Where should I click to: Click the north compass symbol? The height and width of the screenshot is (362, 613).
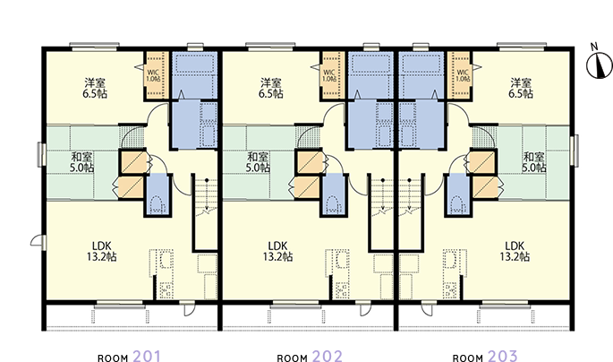tap(599, 65)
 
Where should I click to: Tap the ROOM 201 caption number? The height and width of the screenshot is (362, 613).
tap(147, 357)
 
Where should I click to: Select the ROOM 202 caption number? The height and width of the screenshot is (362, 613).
tap(328, 357)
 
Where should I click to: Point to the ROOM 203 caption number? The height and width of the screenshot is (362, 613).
tap(503, 357)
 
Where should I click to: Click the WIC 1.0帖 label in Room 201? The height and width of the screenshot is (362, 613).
tap(154, 75)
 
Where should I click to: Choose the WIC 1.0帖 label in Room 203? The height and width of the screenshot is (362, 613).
tap(463, 75)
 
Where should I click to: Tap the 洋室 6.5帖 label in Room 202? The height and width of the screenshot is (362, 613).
tap(271, 88)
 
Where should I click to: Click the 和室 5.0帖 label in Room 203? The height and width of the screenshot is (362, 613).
tap(534, 162)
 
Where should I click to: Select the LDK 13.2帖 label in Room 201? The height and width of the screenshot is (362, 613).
tap(102, 251)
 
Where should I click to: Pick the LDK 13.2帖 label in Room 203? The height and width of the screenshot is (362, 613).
tap(515, 251)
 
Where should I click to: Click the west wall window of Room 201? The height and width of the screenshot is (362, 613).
tap(40, 154)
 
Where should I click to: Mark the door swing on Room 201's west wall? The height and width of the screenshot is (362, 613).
tap(37, 240)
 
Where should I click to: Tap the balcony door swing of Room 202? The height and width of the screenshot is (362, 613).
tap(365, 309)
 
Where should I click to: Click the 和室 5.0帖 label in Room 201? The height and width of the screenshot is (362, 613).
tap(82, 162)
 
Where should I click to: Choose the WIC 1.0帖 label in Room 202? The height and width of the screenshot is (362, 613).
tap(329, 75)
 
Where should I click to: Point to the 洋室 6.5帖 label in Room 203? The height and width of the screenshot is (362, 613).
tap(521, 88)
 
